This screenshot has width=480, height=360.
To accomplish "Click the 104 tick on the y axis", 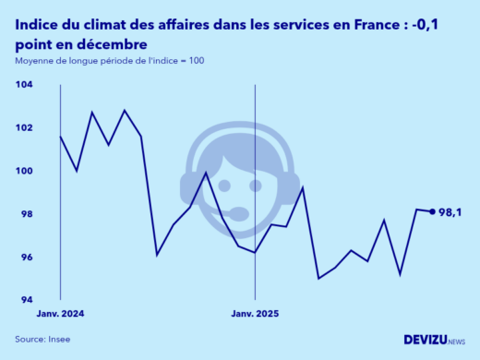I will tap(25, 84).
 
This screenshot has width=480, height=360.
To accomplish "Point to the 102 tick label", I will tap(25, 127).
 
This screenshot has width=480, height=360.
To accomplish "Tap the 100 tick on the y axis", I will tap(25, 171).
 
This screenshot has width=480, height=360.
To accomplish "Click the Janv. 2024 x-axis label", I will tap(60, 314).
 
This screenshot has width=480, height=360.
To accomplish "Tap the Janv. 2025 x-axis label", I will tap(254, 314).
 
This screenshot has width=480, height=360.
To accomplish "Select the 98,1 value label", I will tap(451, 211).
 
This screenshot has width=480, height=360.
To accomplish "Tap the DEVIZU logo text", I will tap(424, 340).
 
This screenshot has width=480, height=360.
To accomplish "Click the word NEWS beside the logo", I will tap(456, 342).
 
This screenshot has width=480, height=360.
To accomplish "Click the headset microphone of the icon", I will tap(238, 214).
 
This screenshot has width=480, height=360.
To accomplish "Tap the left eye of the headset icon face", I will tap(223, 185).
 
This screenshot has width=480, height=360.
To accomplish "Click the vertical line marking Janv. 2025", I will tap(254, 166).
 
